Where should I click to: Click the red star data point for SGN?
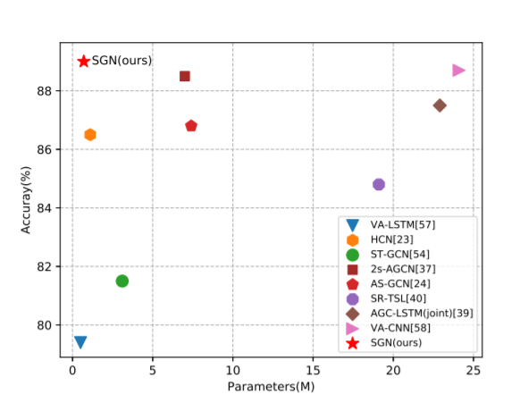click(84, 61)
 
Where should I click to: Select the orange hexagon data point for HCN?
click(89, 134)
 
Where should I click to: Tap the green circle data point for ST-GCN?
click(122, 281)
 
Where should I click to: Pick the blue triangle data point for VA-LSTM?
click(80, 342)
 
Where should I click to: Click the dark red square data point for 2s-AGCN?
click(185, 76)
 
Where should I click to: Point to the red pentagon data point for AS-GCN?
click(191, 126)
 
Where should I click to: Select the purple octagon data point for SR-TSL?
click(379, 184)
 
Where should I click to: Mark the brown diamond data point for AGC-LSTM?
click(440, 105)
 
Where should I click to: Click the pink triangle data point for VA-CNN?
click(459, 70)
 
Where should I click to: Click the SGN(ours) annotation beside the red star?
click(122, 61)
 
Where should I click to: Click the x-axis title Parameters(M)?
click(272, 388)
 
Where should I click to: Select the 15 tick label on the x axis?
click(313, 371)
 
